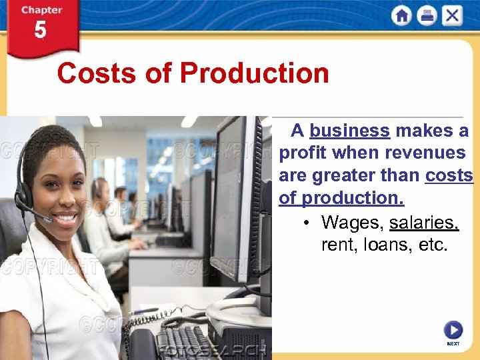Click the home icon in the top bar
(401, 15)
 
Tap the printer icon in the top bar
(427, 15)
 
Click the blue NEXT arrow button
(453, 329)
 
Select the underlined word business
(349, 130)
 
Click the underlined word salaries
(425, 222)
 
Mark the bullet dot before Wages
(305, 223)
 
